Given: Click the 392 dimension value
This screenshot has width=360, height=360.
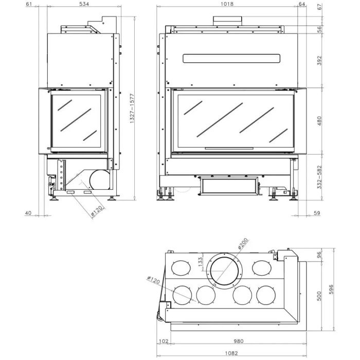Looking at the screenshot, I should pos(319,60).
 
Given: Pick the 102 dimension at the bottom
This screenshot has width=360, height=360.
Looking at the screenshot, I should pos(164,341).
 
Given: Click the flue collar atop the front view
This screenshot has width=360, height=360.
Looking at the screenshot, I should pos(228,20).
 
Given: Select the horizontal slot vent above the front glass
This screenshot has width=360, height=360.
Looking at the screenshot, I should pos(231,58).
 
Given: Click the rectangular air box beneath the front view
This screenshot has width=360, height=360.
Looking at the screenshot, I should pos(228,186).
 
